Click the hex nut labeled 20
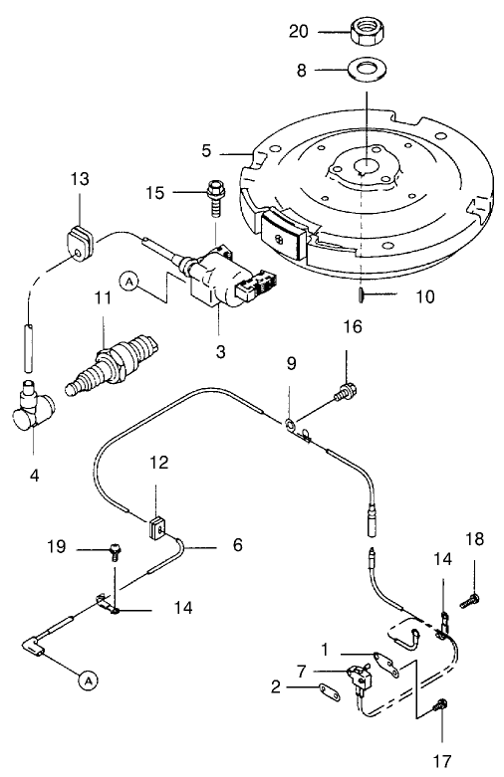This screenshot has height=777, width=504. click(x=368, y=32)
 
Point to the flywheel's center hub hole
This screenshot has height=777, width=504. click(x=366, y=169)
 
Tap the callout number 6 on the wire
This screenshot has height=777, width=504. click(x=238, y=545)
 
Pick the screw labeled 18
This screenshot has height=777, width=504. click(x=471, y=600)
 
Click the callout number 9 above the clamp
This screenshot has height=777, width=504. click(x=291, y=364)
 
